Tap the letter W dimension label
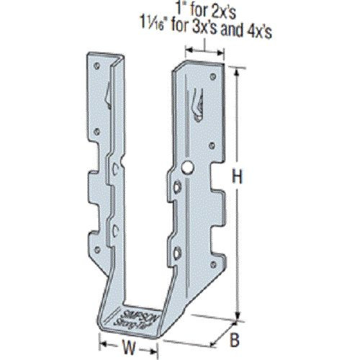[x=130, y=347]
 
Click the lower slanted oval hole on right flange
[x=179, y=251]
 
